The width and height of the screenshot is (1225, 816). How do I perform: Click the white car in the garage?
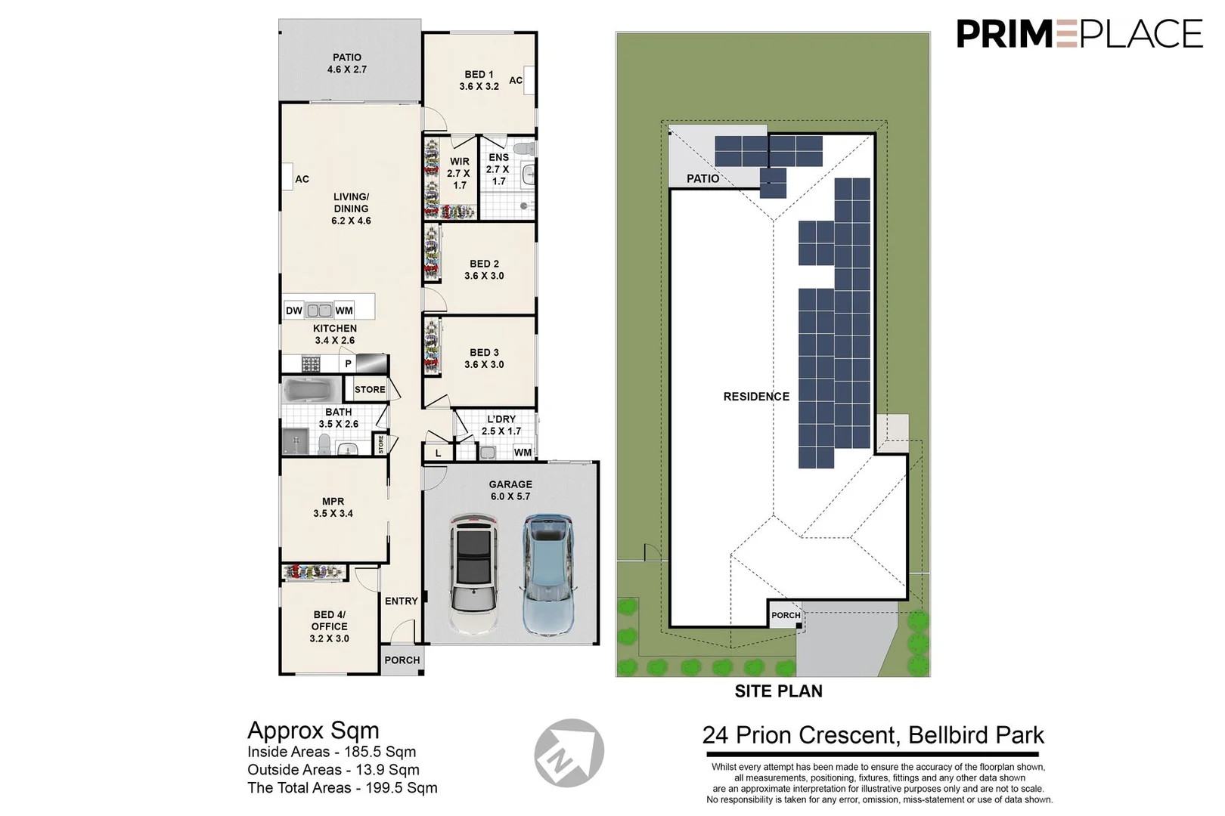474,574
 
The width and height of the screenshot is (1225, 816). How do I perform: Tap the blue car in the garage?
546,574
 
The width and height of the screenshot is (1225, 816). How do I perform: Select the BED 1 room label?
479,80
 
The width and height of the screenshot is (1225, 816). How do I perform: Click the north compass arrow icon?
569,753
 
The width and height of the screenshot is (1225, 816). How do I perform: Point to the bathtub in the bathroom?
311,391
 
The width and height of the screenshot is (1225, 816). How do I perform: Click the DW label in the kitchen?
294,311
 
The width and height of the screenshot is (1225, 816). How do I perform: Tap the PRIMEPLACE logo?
1079,34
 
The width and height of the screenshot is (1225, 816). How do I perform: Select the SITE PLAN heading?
778,691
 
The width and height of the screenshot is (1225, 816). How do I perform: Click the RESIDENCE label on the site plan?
756,397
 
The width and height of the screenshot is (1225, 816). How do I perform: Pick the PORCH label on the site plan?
786,615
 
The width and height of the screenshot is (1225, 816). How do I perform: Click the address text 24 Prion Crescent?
873,734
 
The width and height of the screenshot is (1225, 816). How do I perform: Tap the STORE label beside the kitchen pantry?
370,390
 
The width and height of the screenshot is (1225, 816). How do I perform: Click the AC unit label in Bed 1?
516,80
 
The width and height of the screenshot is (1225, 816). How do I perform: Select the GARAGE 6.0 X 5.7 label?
510,490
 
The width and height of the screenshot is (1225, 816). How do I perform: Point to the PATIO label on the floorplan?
347,63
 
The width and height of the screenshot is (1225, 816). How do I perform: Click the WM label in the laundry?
523,453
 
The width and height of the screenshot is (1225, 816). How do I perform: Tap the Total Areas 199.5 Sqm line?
343,787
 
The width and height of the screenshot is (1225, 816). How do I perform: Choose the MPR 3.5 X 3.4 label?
333,507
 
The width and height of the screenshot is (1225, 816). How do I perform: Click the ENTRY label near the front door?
401,601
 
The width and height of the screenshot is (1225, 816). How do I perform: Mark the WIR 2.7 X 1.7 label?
459,173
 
